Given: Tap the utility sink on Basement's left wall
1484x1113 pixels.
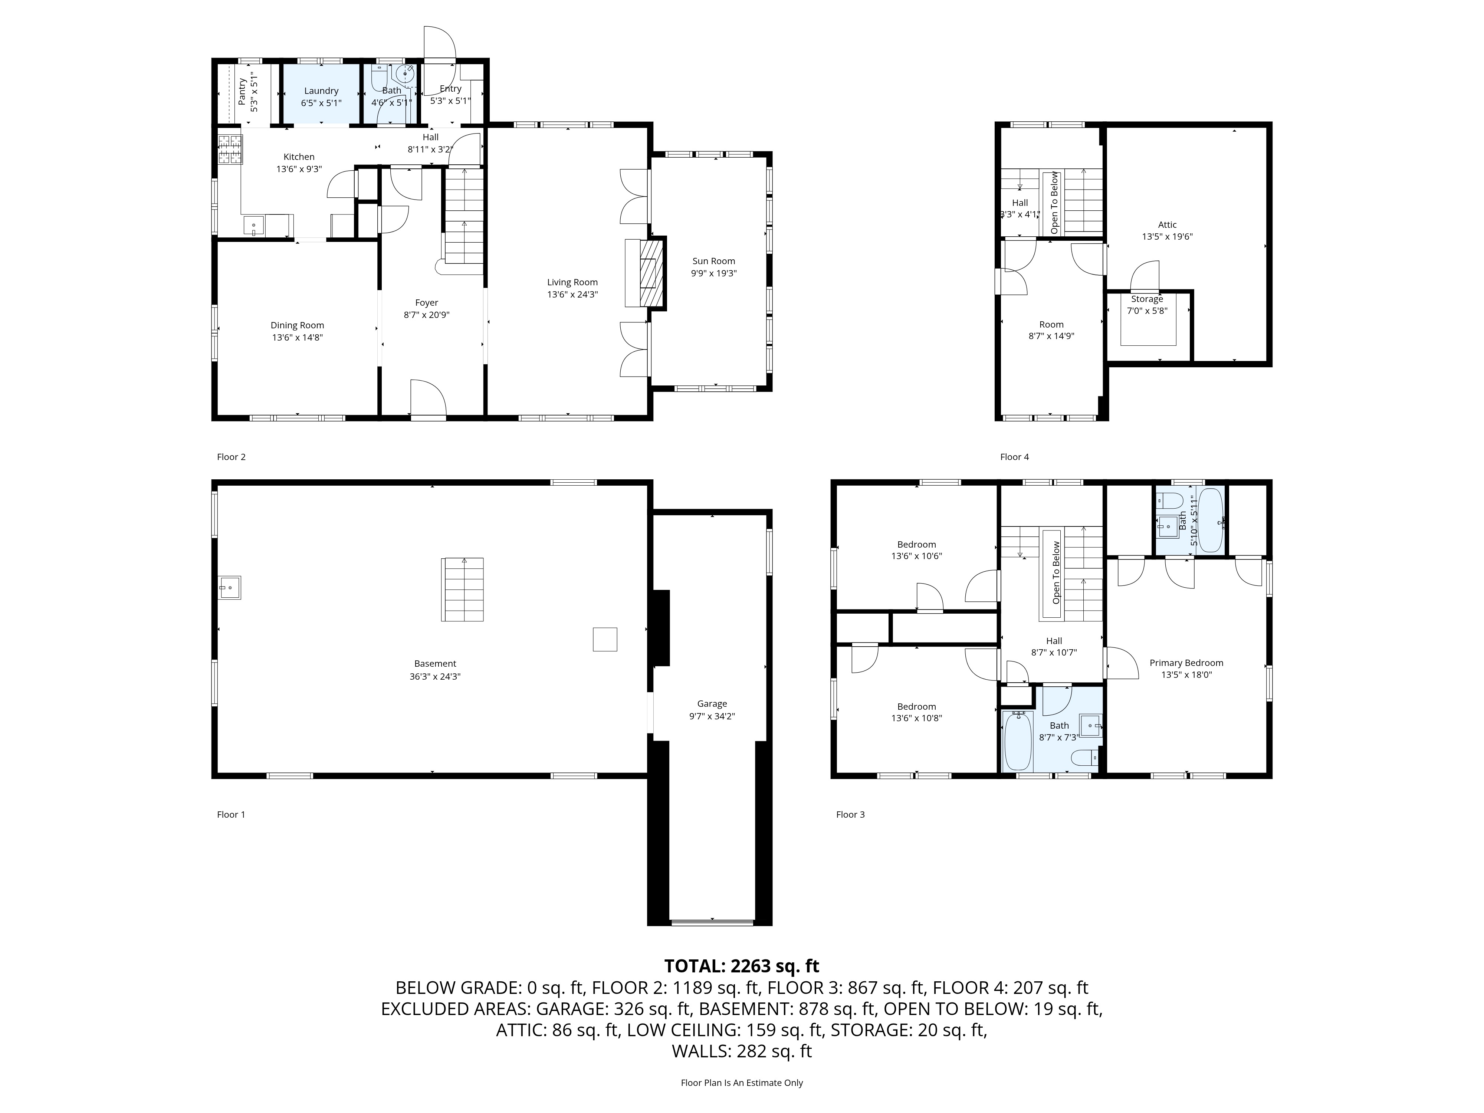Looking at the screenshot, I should click(229, 588).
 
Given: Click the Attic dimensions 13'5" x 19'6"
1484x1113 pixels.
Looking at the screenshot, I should click(1167, 237).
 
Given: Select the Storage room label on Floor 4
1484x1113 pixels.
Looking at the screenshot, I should click(1146, 299).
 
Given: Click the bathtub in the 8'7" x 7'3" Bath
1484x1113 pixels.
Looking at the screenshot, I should click(1017, 741).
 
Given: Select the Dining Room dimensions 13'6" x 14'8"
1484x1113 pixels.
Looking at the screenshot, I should click(297, 338).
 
